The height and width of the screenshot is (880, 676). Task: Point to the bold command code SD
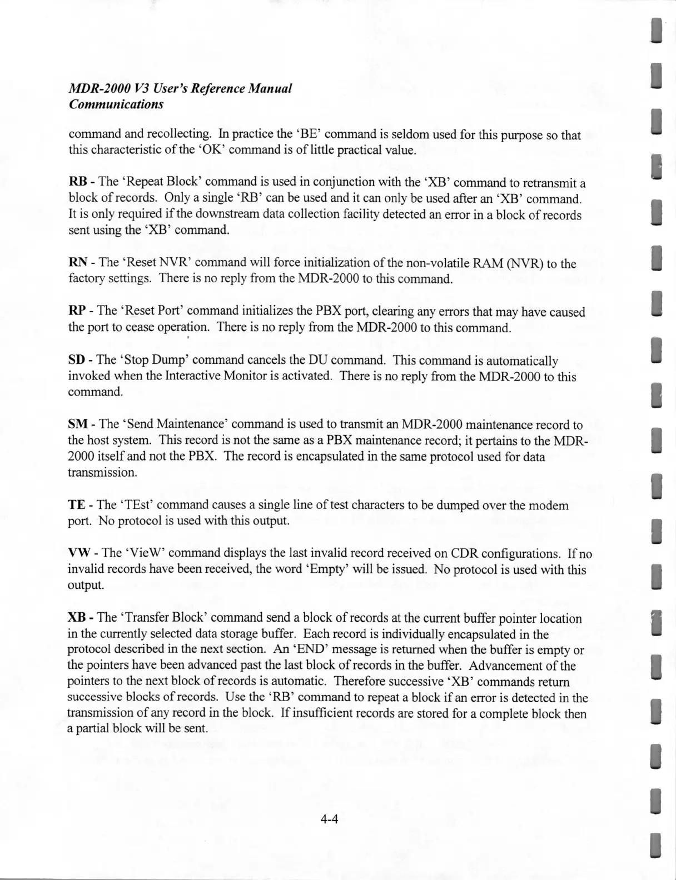click(x=76, y=361)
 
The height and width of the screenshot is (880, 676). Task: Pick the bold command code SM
click(x=77, y=424)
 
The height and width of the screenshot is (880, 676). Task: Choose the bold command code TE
click(x=76, y=505)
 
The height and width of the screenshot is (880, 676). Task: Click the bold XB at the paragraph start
click(x=77, y=618)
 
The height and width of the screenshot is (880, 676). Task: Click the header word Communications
click(x=116, y=104)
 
